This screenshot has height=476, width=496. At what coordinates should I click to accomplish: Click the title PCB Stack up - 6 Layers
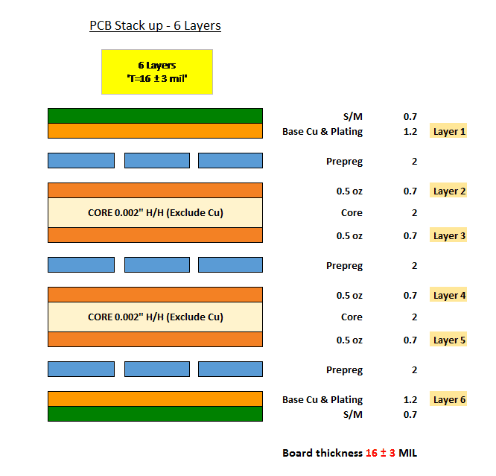coord(155,26)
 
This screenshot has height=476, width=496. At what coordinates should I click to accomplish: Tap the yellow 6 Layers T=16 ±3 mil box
coord(157,72)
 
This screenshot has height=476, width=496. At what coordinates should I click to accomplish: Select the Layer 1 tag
coord(448,130)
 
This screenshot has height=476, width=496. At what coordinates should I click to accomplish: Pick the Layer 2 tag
coord(448,190)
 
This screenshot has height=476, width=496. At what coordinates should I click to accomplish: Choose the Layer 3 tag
coord(448,235)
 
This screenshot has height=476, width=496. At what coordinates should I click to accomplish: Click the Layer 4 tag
coord(448,295)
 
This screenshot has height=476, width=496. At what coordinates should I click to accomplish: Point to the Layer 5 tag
coord(448,339)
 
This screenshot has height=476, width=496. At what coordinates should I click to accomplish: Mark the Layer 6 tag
coord(448,399)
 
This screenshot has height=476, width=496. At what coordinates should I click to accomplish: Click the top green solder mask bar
coord(155,116)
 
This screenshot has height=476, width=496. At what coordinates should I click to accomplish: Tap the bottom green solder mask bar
coord(155,414)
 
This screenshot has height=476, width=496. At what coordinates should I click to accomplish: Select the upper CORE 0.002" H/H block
coord(155,213)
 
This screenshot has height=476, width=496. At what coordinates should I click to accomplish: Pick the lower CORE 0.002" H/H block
coord(155,317)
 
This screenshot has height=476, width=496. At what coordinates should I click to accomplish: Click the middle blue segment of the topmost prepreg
coord(157,160)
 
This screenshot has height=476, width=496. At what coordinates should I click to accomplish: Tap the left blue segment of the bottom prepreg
coord(81,369)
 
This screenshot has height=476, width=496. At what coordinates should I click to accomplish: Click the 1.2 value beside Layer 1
coord(410,131)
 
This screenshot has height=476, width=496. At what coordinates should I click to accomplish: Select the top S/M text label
coord(353,117)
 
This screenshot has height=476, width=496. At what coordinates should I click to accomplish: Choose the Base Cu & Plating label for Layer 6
coord(322,400)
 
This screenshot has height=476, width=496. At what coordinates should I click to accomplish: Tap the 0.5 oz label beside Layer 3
coord(349,236)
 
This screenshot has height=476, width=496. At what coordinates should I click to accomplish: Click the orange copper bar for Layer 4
coord(155,295)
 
